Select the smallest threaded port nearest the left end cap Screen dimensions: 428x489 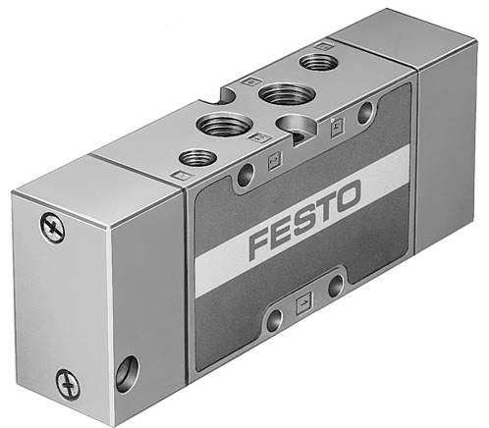point(199,156)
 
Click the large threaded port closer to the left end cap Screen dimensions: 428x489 point(216,125)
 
